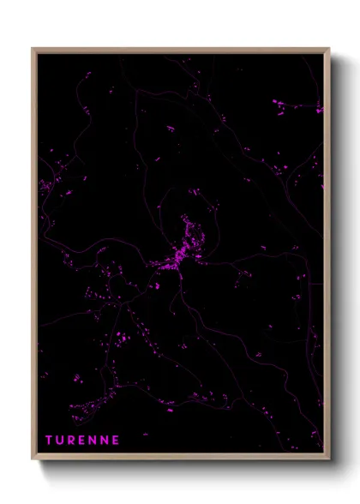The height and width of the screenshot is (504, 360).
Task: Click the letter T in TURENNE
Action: click(x=49, y=440)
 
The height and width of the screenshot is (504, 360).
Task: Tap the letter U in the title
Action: click(x=61, y=440)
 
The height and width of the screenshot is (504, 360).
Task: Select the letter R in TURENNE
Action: click(x=72, y=440)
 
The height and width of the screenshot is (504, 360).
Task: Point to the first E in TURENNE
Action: click(x=83, y=440)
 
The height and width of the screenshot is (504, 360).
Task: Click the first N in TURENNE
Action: click(x=93, y=440)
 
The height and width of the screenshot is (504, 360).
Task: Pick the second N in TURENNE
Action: click(x=105, y=440)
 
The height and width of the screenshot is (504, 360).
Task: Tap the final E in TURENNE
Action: click(x=116, y=440)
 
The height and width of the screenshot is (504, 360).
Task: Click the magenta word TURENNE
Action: click(x=82, y=440)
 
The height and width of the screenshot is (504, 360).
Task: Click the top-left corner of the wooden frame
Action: click(x=33, y=49)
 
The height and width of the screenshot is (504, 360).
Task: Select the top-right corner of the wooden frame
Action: click(x=328, y=49)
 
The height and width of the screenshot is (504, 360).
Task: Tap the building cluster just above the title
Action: click(x=86, y=410)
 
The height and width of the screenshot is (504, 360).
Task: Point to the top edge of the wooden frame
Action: click(x=180, y=50)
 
